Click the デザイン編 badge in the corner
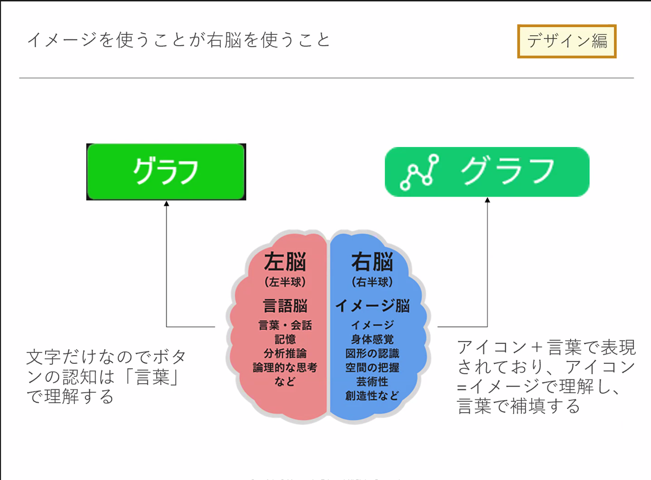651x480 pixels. point(567,41)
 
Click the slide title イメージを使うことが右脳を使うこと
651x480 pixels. point(178,40)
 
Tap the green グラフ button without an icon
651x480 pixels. point(166,172)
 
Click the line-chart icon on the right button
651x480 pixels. point(419,172)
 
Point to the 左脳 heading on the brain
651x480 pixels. point(285,262)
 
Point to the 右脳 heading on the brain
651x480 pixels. point(372,262)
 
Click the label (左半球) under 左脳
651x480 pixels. point(285,282)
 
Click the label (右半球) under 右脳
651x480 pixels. point(372,282)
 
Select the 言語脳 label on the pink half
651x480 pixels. point(285,305)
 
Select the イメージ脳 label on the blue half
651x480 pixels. point(372,306)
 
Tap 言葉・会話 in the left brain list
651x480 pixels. point(285,326)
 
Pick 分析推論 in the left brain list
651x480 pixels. point(285,353)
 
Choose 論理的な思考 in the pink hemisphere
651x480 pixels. point(285,368)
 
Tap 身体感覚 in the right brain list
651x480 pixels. point(372,339)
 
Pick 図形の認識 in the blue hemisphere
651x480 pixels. point(372,353)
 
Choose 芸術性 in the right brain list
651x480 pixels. point(372,382)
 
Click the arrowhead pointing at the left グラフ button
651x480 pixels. point(167,204)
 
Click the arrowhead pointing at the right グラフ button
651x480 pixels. point(487,200)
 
